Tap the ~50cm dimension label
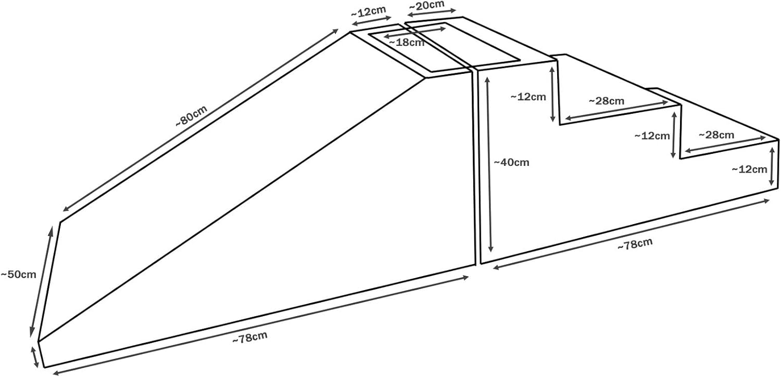click(18, 274)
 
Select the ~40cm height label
click(511, 162)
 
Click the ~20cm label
click(426, 5)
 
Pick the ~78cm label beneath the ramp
click(250, 338)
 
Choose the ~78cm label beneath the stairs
click(635, 244)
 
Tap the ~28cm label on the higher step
click(607, 101)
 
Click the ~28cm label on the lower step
click(716, 135)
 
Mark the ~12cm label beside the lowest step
click(749, 169)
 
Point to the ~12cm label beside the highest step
click(528, 96)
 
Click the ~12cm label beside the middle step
click(652, 136)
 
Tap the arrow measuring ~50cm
click(43, 281)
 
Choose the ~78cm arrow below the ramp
click(260, 324)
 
